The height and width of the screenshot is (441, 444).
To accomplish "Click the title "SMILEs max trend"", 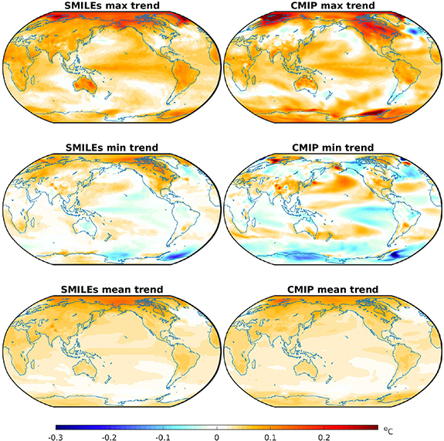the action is tap(112, 5).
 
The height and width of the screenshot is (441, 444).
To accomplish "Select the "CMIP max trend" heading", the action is tap(333, 5).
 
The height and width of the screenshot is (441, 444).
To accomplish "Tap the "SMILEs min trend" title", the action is tap(112, 148).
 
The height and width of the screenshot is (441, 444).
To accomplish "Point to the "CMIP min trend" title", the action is tap(333, 148).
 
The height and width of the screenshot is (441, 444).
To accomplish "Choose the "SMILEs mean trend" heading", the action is tap(112, 290).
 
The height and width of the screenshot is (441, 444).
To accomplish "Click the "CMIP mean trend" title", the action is tap(333, 290).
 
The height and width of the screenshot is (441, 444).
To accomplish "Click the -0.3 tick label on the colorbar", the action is tap(56, 437).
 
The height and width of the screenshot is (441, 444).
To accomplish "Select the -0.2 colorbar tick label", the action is tap(109, 437).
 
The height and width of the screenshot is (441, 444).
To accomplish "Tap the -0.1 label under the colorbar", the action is tap(163, 437).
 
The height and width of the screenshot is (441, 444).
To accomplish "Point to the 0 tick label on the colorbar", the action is tap(217, 437).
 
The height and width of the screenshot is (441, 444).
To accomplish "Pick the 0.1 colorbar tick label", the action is tap(270, 437).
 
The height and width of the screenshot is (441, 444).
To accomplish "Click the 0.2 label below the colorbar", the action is tap(324, 437).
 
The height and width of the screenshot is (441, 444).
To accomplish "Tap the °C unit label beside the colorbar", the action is tap(388, 430).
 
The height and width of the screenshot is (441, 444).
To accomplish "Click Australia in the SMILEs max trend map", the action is tap(85, 84).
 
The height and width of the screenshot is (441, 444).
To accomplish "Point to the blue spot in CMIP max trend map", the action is tap(413, 31).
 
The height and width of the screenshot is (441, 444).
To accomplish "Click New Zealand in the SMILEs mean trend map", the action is tap(107, 379).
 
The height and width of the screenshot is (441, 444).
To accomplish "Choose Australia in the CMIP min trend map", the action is tap(306, 226).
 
